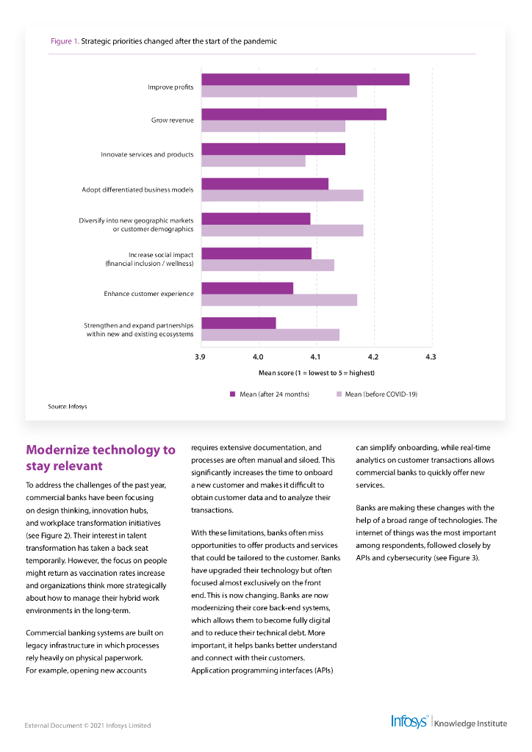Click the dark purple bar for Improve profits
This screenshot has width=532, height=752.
pyautogui.click(x=305, y=79)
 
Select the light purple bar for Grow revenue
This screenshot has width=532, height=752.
pyautogui.click(x=273, y=126)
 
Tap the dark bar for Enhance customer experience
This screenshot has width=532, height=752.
pyautogui.click(x=247, y=288)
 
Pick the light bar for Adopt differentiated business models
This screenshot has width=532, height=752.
pyautogui.click(x=282, y=195)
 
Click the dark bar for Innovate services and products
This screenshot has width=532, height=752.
pyautogui.click(x=273, y=149)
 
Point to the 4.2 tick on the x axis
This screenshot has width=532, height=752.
pyautogui.click(x=373, y=357)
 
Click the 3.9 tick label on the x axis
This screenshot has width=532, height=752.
pyautogui.click(x=200, y=357)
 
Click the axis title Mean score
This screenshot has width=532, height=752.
pyautogui.click(x=316, y=373)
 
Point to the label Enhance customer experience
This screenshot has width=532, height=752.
pyautogui.click(x=148, y=294)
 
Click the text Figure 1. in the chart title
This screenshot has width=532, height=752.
pyautogui.click(x=64, y=41)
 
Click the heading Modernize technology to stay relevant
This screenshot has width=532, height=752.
pyautogui.click(x=100, y=458)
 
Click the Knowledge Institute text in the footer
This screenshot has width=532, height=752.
pyautogui.click(x=470, y=723)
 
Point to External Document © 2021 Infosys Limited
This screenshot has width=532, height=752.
pyautogui.click(x=87, y=726)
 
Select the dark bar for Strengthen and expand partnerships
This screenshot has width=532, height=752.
pyautogui.click(x=238, y=323)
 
